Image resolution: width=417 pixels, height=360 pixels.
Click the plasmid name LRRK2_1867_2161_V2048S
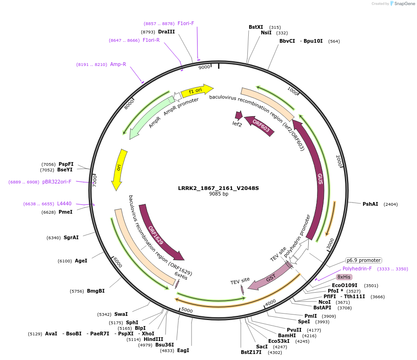point(218,188)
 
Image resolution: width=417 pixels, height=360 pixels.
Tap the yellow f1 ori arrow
point(197,91)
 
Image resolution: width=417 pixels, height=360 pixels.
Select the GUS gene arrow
point(314,178)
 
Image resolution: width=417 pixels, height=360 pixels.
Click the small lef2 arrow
point(239,115)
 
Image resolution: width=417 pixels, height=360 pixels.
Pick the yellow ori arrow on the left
point(119,169)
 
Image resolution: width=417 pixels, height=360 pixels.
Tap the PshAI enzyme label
point(370,204)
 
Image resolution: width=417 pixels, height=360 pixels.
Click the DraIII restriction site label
point(166,32)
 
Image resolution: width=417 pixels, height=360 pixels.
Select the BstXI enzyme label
point(256,27)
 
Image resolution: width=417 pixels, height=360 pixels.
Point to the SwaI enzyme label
point(121,314)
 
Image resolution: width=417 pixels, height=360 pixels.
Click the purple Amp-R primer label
point(118,64)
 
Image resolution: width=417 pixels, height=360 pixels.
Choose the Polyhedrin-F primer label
point(357,268)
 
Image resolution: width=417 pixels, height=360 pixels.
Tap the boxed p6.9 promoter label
point(364,261)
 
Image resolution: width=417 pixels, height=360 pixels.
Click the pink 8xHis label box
point(344,277)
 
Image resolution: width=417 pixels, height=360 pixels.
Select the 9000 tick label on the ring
point(204,67)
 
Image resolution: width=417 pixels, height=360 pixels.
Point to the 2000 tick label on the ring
point(339,161)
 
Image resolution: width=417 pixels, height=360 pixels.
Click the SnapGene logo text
point(404,3)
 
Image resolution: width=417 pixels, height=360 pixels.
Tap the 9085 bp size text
point(218,194)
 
